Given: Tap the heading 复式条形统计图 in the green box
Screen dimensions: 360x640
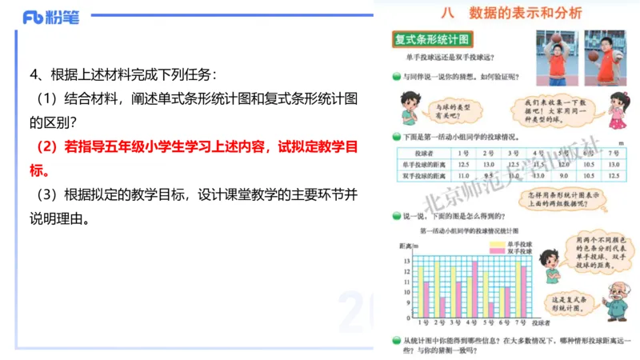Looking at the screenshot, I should (x=430, y=38).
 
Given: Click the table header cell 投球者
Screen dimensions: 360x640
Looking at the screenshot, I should (x=418, y=152).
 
